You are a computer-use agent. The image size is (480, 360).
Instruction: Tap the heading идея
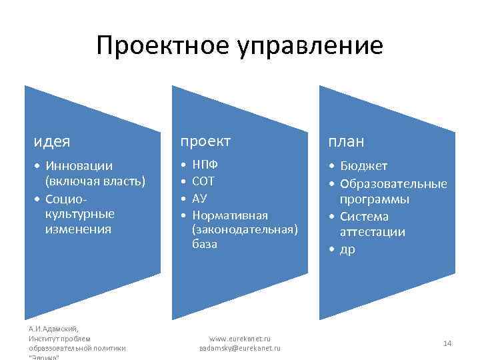point(53,141)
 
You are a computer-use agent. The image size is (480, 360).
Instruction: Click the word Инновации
point(79,165)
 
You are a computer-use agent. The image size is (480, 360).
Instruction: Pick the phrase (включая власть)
point(95,181)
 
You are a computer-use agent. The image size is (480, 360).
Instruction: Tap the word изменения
point(79,229)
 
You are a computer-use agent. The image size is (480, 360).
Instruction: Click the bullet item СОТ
point(203,181)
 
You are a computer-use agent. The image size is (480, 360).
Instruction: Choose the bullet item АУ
point(199,198)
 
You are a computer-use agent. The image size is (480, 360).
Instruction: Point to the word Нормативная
point(229,215)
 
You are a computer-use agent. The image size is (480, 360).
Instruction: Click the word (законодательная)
point(244,229)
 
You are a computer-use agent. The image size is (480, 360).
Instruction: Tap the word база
point(204,245)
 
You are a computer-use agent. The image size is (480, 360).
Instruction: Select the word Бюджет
point(363,166)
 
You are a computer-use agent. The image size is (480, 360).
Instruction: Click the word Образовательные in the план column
point(393,183)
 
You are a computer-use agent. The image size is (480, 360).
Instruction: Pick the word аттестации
point(373,232)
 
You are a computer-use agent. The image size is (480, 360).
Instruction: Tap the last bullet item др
point(347,249)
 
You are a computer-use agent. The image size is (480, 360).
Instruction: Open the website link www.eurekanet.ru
point(240,339)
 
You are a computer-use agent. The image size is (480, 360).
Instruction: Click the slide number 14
point(447,343)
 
